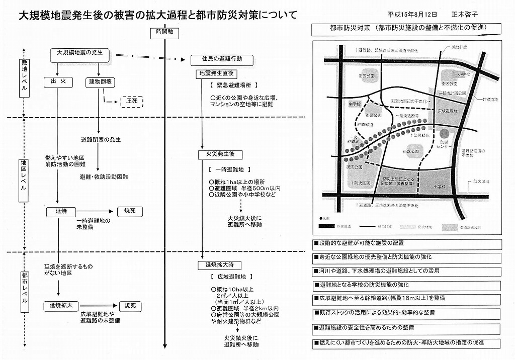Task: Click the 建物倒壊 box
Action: (101, 81)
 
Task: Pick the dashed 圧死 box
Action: (132, 102)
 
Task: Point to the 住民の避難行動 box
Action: (223, 60)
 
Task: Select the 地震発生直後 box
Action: (216, 74)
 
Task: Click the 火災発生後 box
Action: (217, 154)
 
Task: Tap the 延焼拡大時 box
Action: (220, 264)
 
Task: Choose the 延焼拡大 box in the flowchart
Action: (61, 305)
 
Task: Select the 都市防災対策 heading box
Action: (407, 29)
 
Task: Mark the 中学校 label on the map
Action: (355, 105)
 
